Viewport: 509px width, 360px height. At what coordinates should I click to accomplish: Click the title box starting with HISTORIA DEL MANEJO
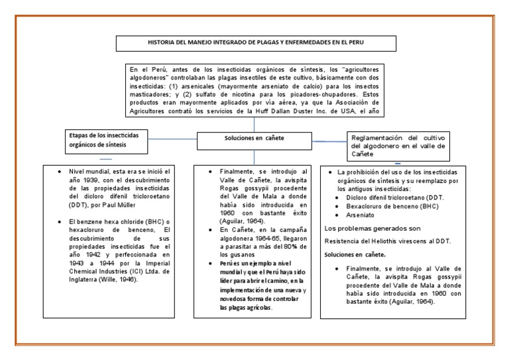[254, 42]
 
